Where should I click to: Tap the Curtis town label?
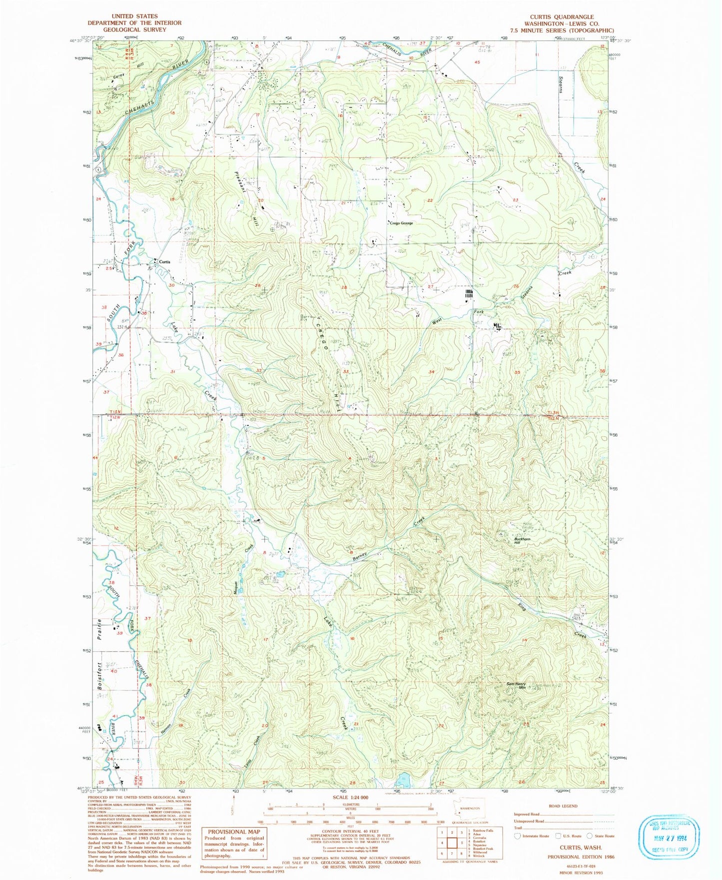coord(164,262)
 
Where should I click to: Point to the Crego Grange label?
coord(401,223)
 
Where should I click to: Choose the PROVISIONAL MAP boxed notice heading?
coord(234,832)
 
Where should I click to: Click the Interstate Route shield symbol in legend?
coord(518,836)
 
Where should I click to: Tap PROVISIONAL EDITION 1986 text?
coord(581,857)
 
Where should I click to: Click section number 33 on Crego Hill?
coord(345,372)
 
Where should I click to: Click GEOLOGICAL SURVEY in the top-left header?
coord(134,29)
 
